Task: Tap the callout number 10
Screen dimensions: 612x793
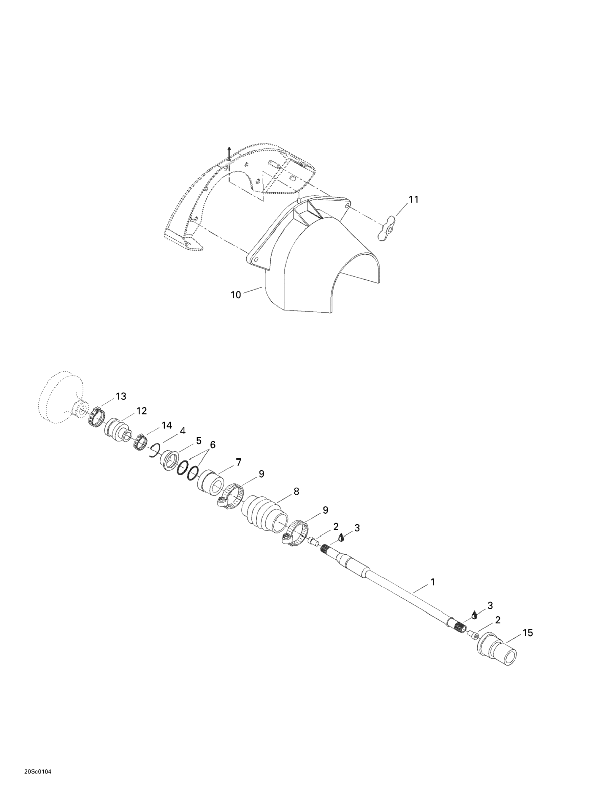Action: (x=236, y=295)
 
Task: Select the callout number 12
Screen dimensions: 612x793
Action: (x=141, y=411)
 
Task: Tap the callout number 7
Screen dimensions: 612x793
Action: (x=238, y=462)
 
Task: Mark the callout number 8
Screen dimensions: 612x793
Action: (x=296, y=491)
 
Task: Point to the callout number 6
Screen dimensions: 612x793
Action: (x=212, y=444)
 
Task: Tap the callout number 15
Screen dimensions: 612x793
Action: (x=527, y=633)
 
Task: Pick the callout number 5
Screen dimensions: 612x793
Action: (x=199, y=441)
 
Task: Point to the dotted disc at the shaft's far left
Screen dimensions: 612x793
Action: (x=60, y=398)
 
